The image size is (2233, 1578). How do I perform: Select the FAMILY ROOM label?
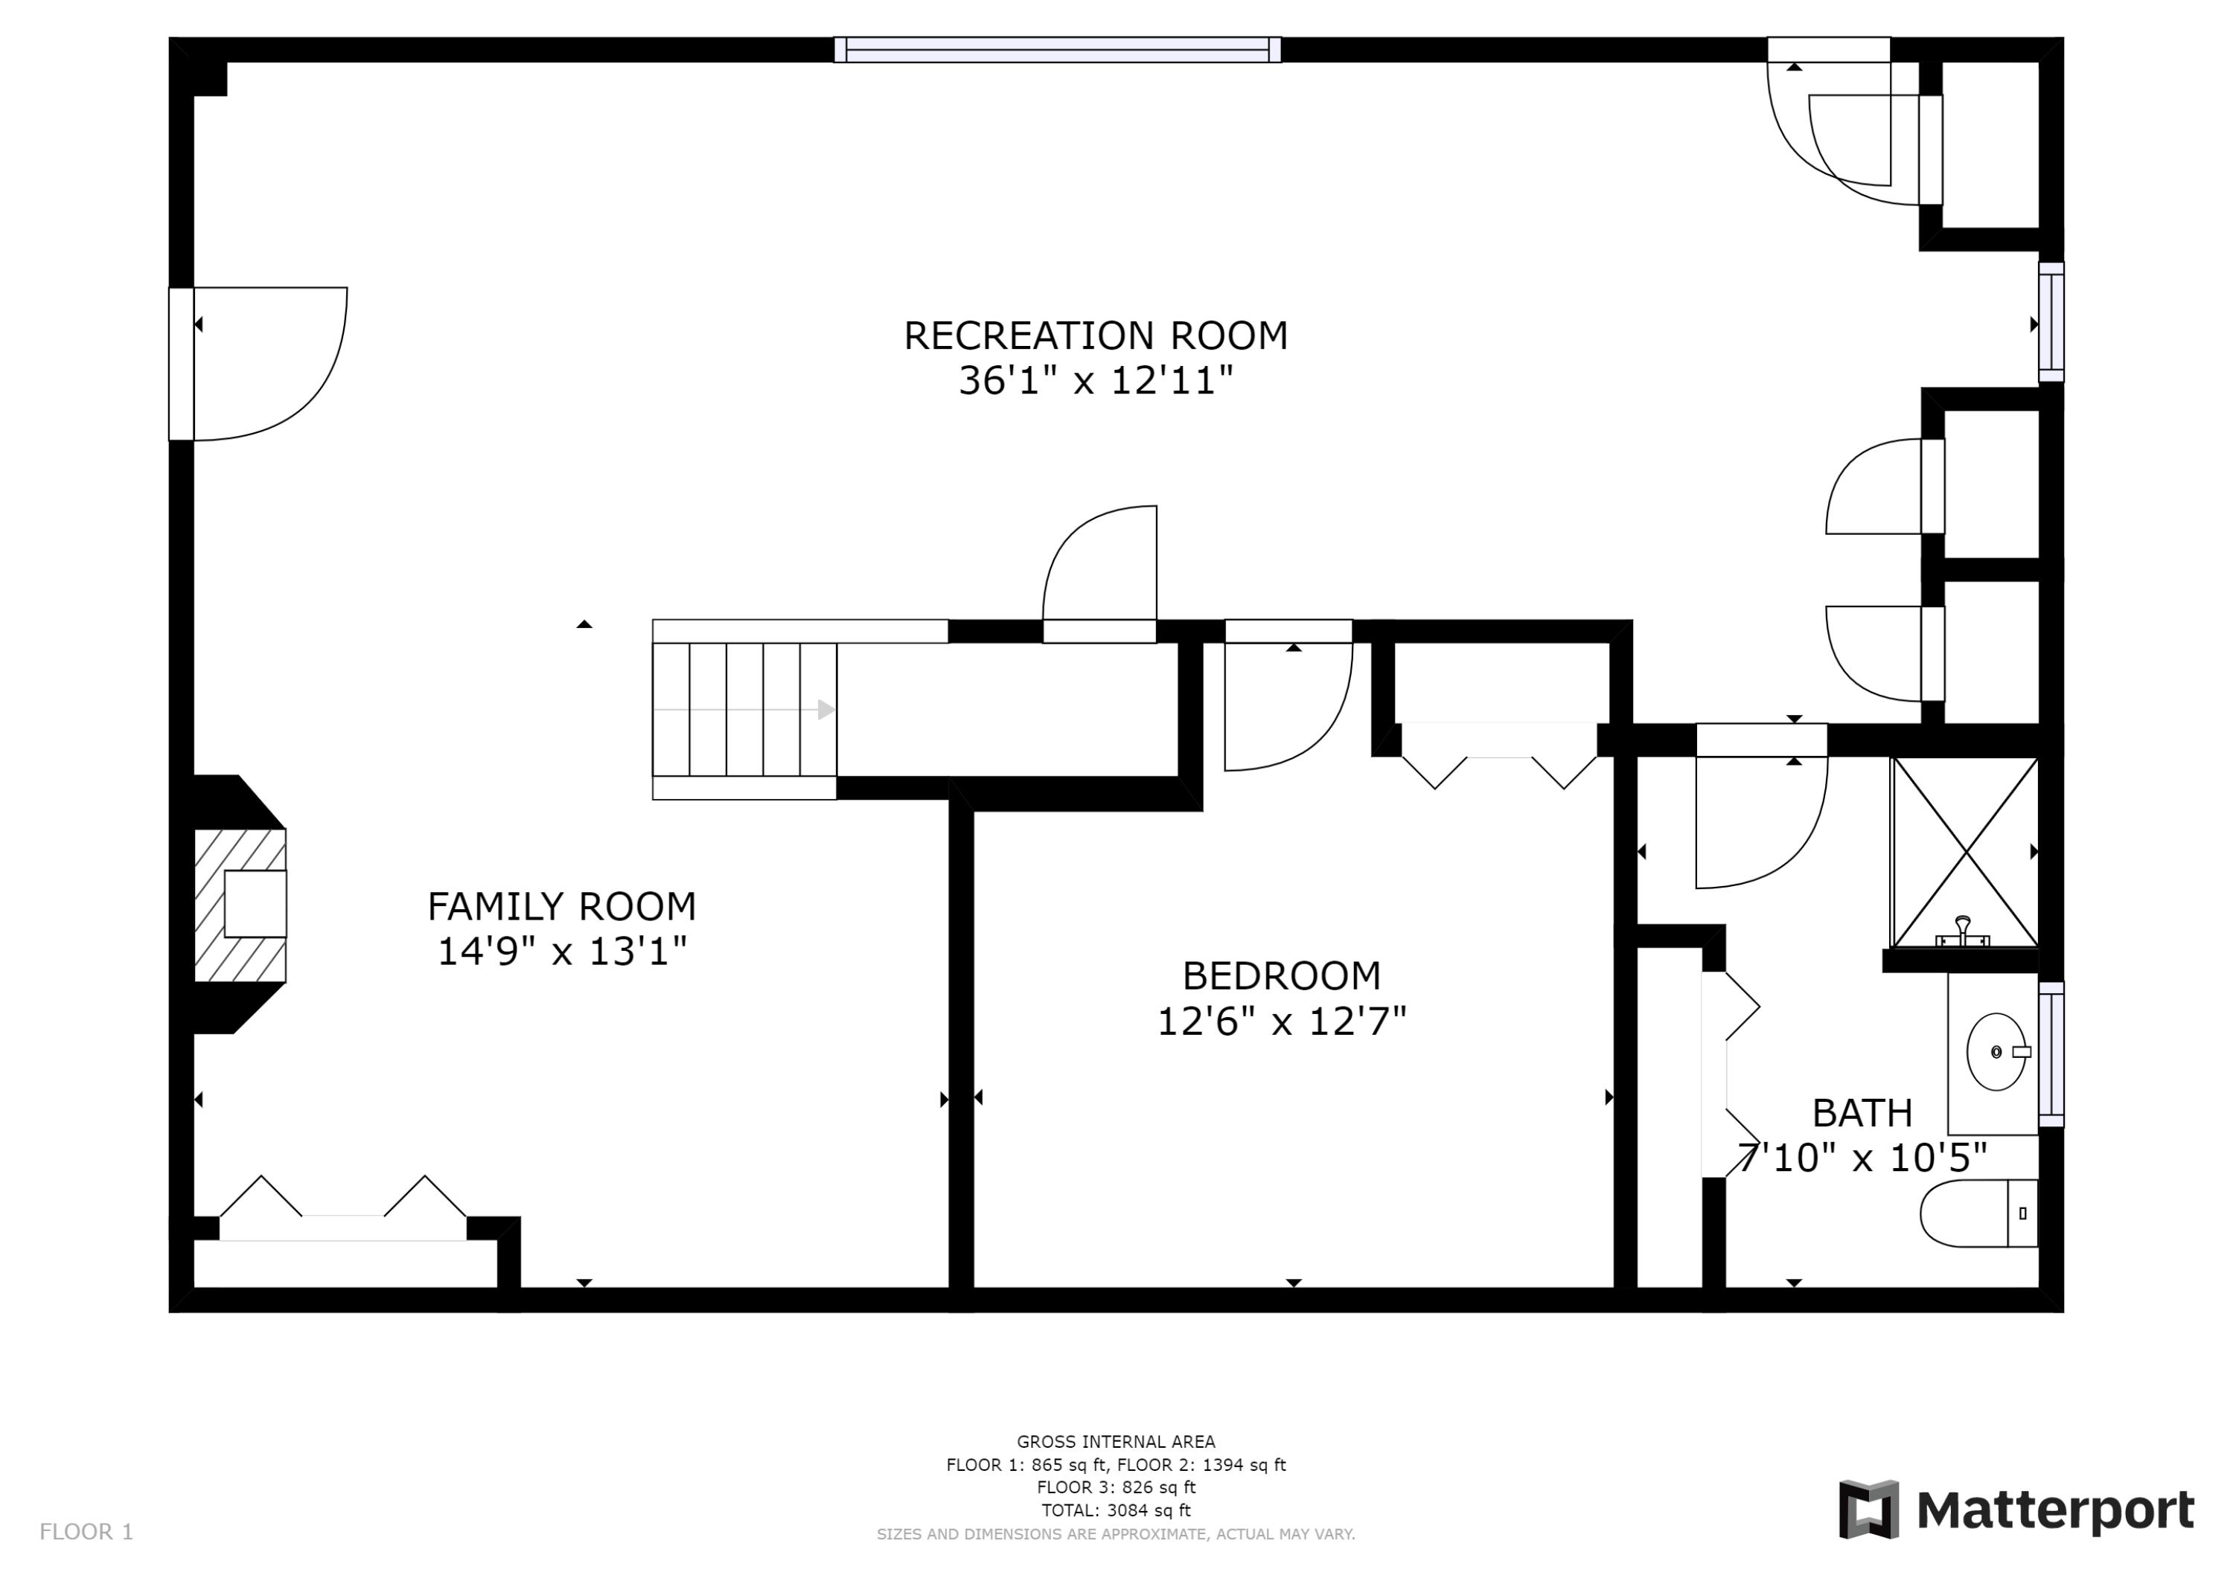coord(561,906)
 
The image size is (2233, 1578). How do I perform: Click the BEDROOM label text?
coord(1281,975)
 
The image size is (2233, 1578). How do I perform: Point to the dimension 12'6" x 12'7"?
coord(1281,1021)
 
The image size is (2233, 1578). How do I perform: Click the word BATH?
coord(1862,1112)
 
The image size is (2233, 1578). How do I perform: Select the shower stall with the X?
coord(1964,852)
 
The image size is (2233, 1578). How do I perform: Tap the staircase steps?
coord(744,709)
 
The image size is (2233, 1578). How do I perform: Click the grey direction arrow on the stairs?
coord(825,709)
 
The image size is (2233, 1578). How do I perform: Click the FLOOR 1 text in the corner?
coord(86,1533)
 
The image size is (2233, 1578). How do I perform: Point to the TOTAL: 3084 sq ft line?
coord(1116,1510)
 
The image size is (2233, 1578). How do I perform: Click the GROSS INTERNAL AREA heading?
coord(1116,1442)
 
